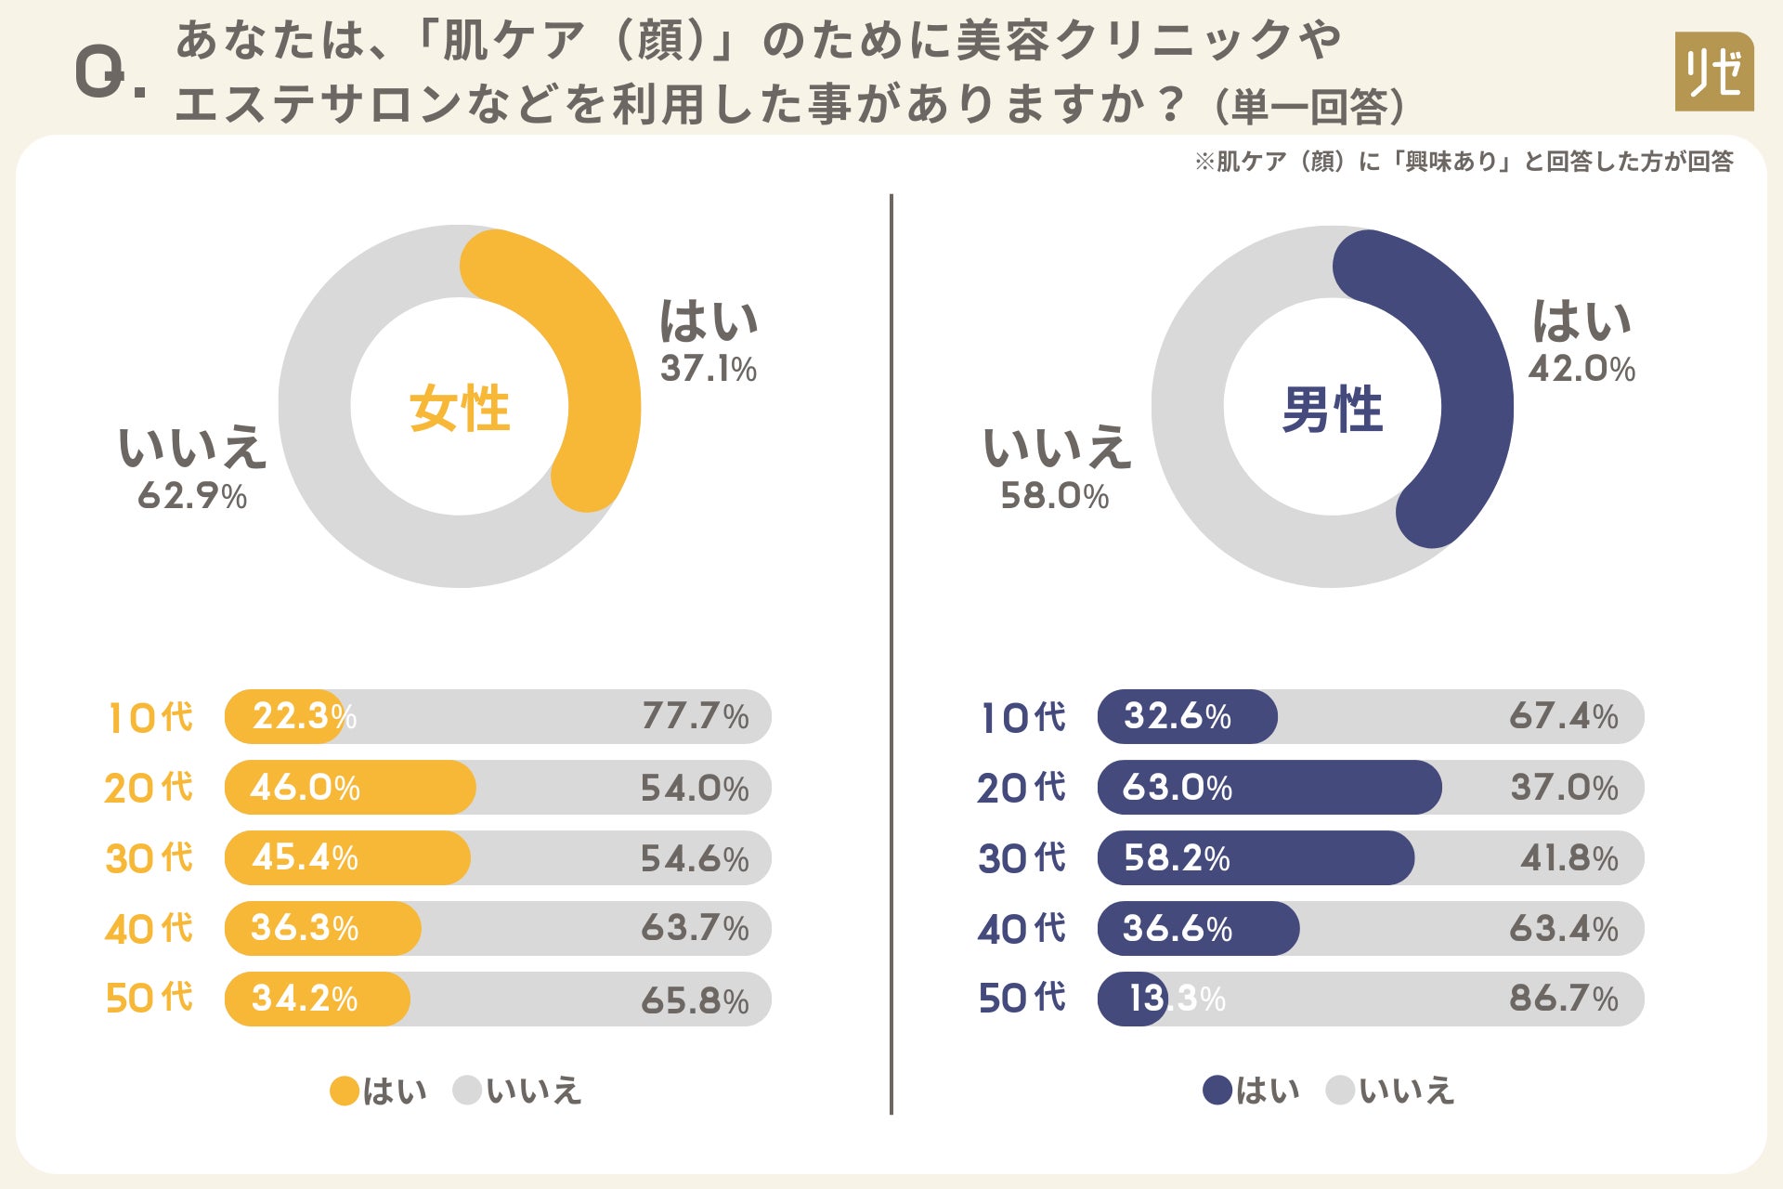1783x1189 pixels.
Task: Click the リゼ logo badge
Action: pos(1713,72)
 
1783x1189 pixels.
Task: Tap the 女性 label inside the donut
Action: pos(460,408)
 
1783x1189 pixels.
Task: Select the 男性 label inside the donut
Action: pos(1332,409)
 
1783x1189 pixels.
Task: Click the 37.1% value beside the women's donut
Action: pos(709,369)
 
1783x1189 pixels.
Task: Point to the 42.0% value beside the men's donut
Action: pos(1581,369)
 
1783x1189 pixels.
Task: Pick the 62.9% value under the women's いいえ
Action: pos(192,496)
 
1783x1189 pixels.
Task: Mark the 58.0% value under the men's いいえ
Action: pos(1055,496)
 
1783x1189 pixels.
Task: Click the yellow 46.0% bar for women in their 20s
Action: pos(350,788)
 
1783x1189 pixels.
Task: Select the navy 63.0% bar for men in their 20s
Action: pos(1269,788)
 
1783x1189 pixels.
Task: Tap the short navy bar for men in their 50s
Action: pos(1132,999)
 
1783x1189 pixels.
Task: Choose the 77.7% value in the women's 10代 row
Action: pos(695,716)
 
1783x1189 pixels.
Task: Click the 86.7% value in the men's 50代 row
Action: pos(1564,999)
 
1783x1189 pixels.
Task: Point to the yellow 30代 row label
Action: pos(150,857)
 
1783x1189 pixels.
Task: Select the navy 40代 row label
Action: pos(1022,928)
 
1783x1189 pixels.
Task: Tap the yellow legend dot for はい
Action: pos(345,1091)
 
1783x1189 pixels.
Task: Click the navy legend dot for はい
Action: pos(1217,1091)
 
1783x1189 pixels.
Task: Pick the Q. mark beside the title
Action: pos(109,74)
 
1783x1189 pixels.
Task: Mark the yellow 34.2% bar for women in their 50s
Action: pos(317,999)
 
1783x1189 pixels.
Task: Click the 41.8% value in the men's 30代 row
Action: pos(1568,857)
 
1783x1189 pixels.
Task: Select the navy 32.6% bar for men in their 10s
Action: pos(1187,716)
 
